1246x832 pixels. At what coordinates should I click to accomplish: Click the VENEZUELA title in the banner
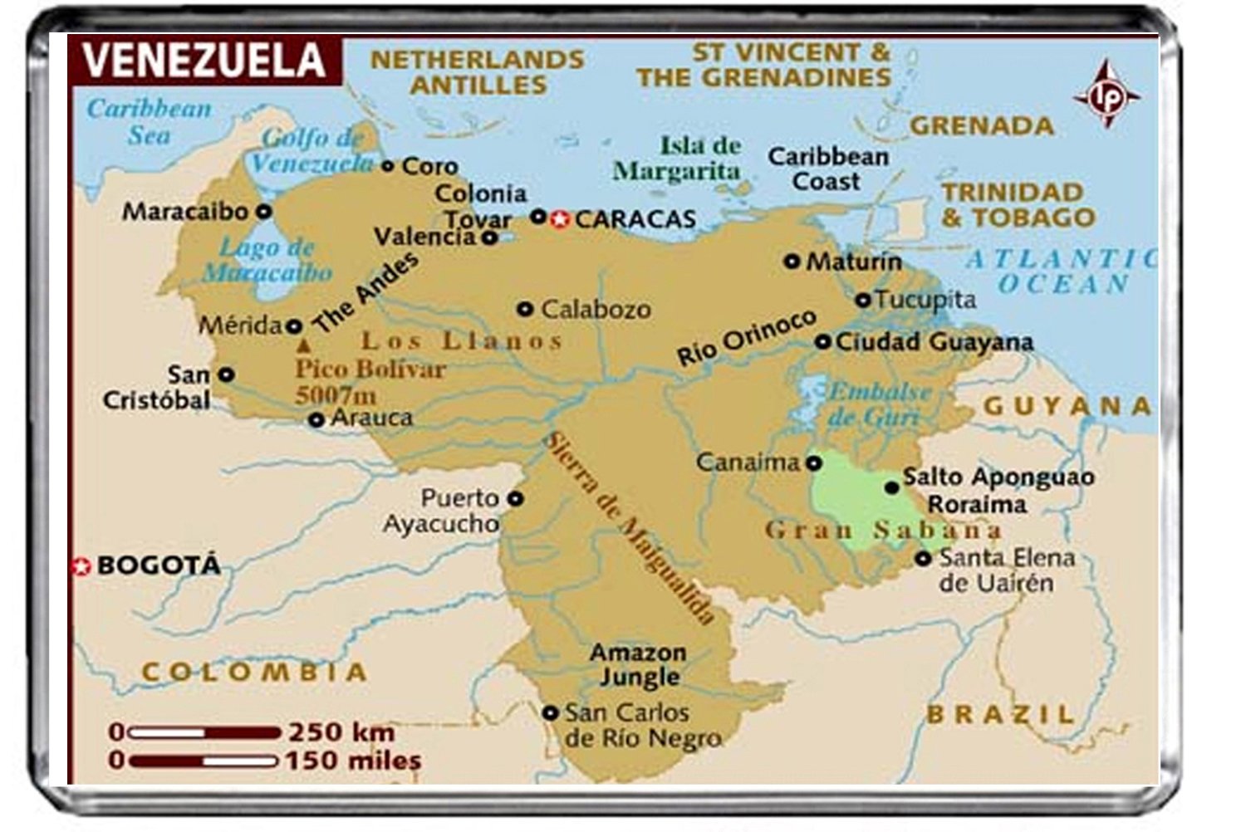point(204,60)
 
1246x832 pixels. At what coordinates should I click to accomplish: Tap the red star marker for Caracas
point(561,219)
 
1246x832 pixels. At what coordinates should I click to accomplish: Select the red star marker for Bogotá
point(81,566)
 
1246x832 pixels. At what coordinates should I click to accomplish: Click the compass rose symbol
point(1106,95)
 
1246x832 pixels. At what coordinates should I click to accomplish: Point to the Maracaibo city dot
point(263,212)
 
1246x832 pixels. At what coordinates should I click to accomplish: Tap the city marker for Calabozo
point(525,309)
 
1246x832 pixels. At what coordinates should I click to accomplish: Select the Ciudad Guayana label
point(934,341)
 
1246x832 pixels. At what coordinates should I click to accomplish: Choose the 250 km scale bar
point(204,732)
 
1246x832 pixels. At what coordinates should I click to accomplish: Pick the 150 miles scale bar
point(204,760)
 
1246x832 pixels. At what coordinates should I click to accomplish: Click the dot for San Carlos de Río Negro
point(550,712)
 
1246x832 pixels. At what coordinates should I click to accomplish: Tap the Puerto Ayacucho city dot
point(515,499)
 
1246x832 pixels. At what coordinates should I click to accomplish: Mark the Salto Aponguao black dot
point(891,487)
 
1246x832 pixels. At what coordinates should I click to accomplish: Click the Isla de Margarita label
point(677,158)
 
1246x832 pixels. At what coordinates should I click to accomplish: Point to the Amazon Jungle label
point(638,664)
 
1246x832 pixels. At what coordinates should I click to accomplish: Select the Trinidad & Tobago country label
point(1018,204)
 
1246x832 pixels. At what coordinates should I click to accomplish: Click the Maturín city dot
point(792,262)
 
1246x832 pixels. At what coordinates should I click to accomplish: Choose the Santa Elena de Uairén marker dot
point(923,559)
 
